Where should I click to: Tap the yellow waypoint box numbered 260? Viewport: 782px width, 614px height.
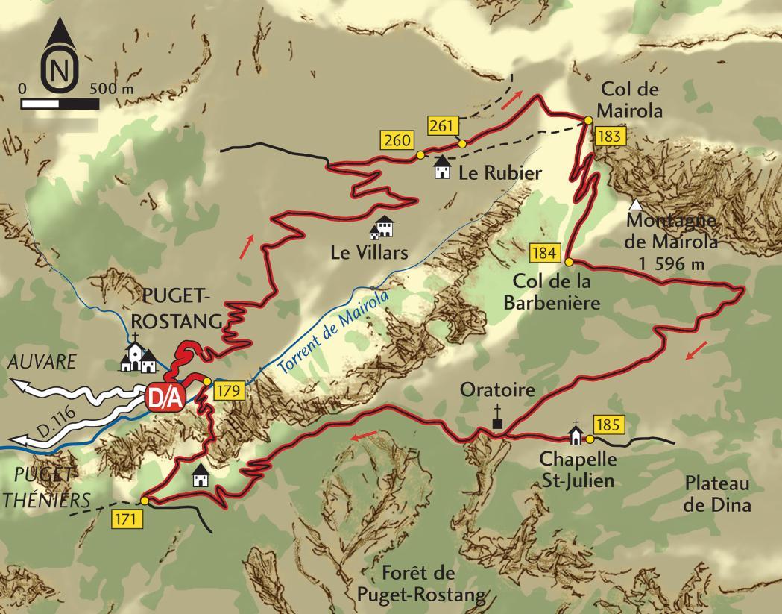click(x=396, y=139)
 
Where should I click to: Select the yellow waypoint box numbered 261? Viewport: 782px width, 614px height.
click(x=442, y=126)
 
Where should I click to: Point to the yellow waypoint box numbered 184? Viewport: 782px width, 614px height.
click(x=545, y=253)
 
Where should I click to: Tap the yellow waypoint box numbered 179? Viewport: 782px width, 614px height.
click(x=229, y=389)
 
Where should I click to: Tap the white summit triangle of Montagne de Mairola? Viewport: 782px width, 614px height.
click(x=635, y=204)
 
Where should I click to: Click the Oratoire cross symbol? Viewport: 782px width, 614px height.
click(x=497, y=419)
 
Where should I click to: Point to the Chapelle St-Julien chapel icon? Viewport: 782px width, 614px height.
click(x=576, y=433)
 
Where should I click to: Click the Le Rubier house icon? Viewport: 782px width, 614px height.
click(x=443, y=168)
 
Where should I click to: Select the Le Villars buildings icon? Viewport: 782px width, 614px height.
click(x=382, y=228)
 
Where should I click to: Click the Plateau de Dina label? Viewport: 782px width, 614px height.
click(x=717, y=494)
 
